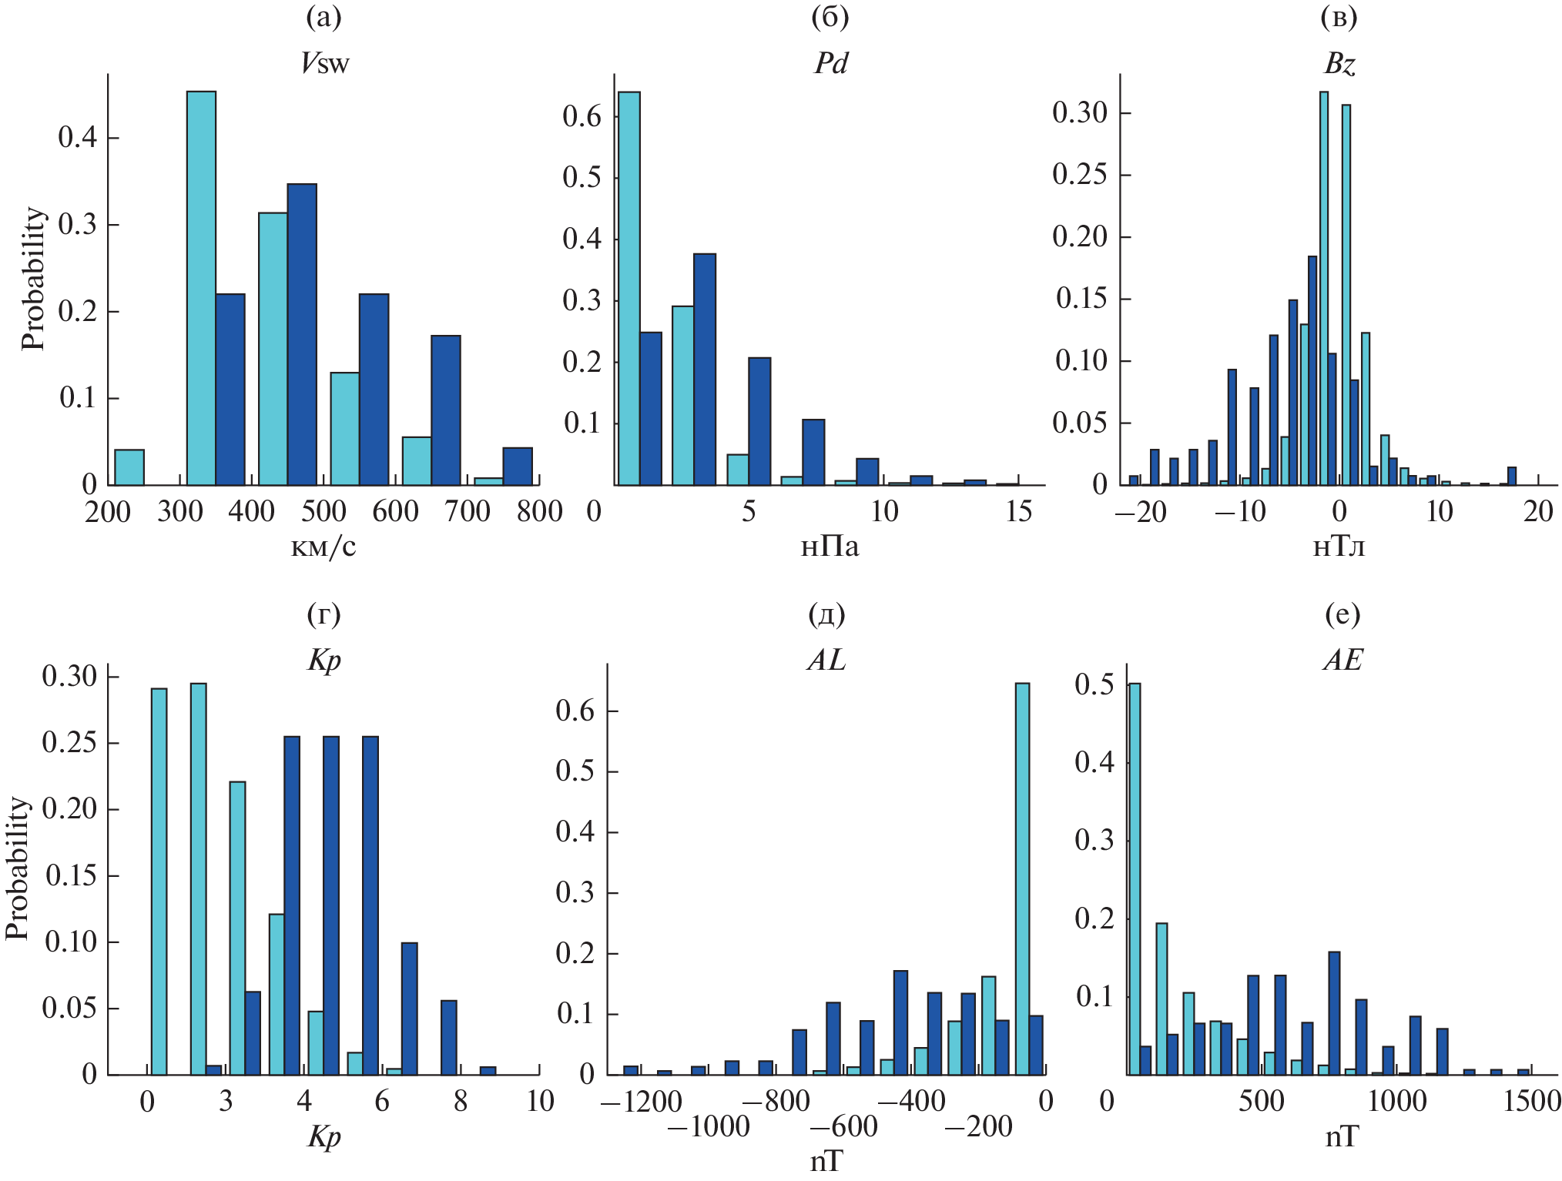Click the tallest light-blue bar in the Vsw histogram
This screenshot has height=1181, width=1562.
[201, 288]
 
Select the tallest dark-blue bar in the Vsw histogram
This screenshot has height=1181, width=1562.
[302, 334]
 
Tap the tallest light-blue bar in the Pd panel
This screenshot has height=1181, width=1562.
[629, 288]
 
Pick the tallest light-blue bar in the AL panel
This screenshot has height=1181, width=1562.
[1022, 878]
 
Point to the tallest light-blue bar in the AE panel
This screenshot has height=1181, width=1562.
[1135, 878]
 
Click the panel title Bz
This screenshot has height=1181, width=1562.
[1339, 64]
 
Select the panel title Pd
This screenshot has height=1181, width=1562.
[830, 64]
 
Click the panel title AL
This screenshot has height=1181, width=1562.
[826, 660]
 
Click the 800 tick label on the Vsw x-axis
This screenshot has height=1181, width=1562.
[539, 511]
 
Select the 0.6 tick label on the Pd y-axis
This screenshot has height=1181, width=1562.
[582, 116]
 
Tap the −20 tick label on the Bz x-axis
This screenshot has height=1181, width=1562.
[1141, 511]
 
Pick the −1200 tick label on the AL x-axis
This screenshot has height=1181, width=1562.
[641, 1102]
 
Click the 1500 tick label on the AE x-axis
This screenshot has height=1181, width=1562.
[1531, 1102]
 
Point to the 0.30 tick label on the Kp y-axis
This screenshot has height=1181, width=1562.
[69, 676]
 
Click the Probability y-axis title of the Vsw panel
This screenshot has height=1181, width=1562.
[33, 279]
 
